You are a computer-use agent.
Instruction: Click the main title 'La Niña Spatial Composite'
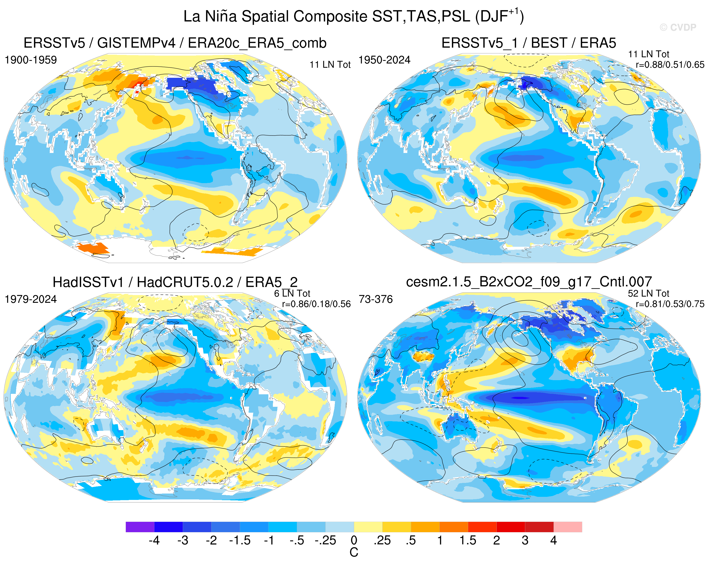coord(275,16)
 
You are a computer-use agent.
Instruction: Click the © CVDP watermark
coord(678,28)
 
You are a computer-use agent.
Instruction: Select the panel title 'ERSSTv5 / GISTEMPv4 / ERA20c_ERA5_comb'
coord(175,43)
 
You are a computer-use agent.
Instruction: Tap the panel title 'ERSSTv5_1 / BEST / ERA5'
coord(529,43)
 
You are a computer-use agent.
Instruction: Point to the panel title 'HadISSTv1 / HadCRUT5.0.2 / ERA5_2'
coord(175,282)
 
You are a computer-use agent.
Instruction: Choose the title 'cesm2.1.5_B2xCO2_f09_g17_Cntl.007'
coord(529,282)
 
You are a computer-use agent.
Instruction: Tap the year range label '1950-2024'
coord(384,60)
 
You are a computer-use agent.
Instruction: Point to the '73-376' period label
coord(376,299)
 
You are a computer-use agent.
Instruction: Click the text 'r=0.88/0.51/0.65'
coord(670,65)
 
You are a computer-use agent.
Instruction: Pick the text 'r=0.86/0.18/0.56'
coord(316,304)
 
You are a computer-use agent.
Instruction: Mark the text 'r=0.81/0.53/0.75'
coord(670,304)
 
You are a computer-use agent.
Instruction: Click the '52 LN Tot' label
coord(649,293)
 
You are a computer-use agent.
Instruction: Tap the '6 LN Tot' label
coord(292,293)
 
